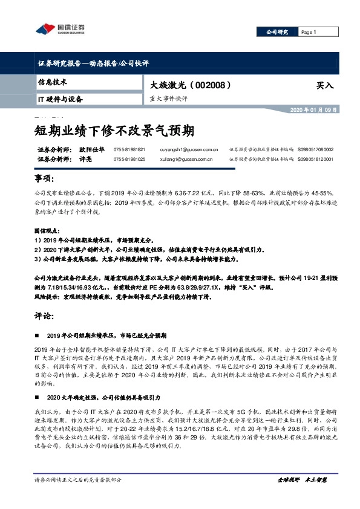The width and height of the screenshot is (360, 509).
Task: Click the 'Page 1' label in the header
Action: coord(309,32)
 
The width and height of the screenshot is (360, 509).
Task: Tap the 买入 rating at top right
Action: coord(325,86)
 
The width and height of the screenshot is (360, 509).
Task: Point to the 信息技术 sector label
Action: coord(53,82)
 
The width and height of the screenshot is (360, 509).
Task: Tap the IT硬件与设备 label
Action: coord(60,99)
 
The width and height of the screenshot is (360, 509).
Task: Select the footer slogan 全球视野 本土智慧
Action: coord(302,496)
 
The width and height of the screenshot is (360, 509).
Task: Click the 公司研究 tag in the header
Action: coord(278,32)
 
